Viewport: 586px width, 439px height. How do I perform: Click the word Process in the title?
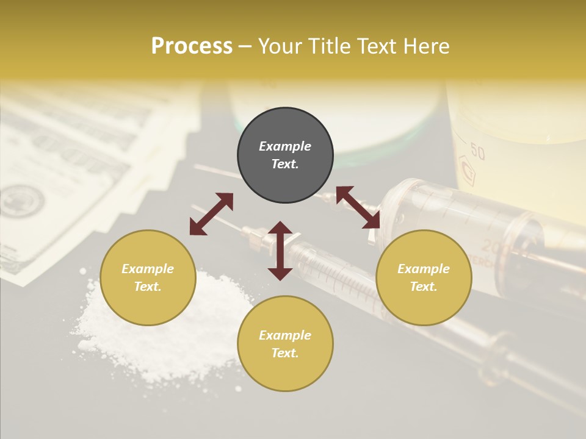(x=192, y=46)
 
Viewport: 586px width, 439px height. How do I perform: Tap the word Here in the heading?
(x=426, y=46)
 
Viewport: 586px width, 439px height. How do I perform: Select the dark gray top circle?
(x=285, y=155)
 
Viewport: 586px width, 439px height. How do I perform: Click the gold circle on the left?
(x=148, y=278)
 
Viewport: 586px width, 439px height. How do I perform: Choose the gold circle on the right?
(x=424, y=278)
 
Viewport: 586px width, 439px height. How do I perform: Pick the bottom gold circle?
(x=285, y=344)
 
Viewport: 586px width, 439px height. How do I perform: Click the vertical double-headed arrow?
(x=280, y=251)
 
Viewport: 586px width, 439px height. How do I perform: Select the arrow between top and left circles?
(x=211, y=214)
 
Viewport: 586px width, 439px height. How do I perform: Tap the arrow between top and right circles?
(x=358, y=207)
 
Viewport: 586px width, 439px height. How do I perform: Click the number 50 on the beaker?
(x=478, y=152)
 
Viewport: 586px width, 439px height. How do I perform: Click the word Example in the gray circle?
(x=285, y=146)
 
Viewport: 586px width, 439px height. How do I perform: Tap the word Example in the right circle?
(x=424, y=269)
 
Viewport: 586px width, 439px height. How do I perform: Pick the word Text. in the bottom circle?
(x=285, y=353)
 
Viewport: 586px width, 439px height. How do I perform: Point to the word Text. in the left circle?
(x=148, y=287)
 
